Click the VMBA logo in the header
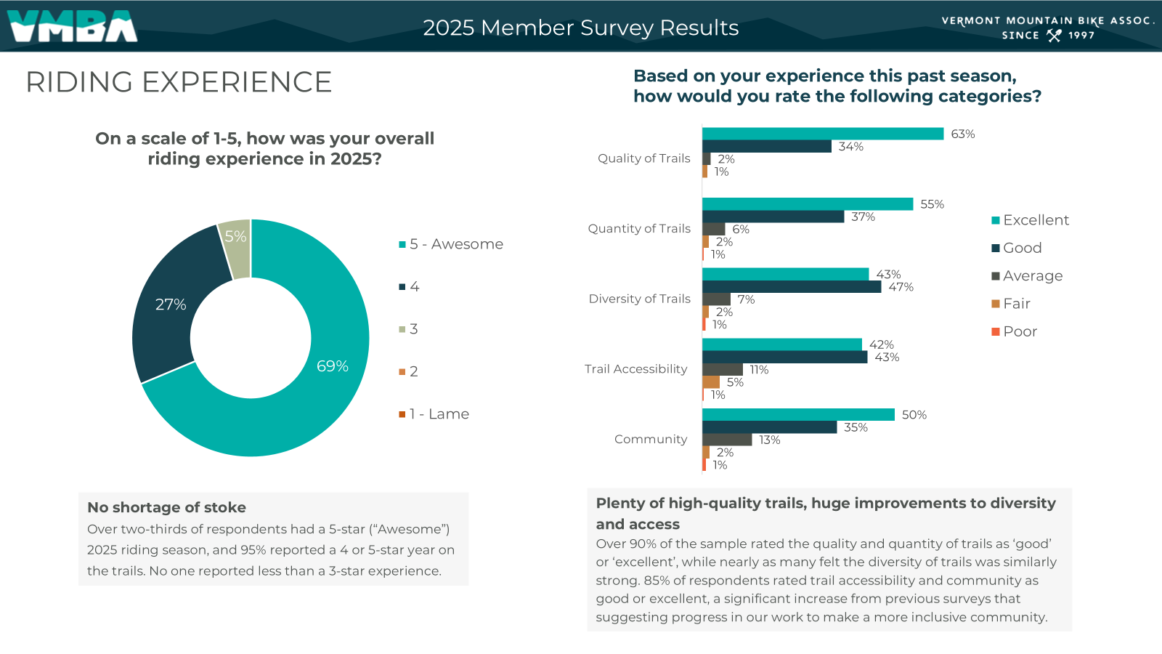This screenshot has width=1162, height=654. [x=73, y=26]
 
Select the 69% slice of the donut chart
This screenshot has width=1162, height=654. [x=320, y=392]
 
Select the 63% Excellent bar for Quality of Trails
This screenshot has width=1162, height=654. [x=822, y=134]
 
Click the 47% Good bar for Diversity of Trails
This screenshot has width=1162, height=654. [x=792, y=287]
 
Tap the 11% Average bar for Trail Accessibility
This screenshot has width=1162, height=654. [x=723, y=370]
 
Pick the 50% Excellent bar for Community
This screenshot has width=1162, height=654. [x=798, y=415]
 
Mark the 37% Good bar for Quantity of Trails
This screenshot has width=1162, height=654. [x=773, y=217]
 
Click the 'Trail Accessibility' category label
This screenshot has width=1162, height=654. [x=635, y=369]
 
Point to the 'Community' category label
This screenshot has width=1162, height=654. [x=650, y=439]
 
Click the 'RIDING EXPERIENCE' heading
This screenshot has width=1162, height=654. [x=179, y=82]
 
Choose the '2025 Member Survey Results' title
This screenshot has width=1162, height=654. [x=580, y=28]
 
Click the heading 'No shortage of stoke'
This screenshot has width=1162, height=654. [x=166, y=507]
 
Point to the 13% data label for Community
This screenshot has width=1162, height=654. [x=769, y=440]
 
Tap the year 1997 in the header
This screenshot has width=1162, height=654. [x=1081, y=35]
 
